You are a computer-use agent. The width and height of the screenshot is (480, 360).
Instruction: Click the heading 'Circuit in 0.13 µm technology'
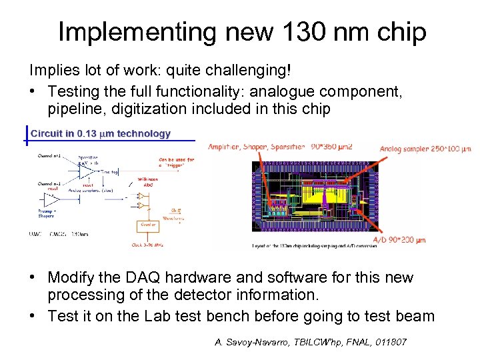point(101,133)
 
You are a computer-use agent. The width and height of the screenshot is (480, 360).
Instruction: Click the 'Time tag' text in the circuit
point(110,171)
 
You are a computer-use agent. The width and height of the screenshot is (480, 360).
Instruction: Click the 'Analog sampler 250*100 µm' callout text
point(425,149)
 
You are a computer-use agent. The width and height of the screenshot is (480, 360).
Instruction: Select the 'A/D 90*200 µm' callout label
point(399,240)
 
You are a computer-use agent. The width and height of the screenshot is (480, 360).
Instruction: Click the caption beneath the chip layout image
point(314,246)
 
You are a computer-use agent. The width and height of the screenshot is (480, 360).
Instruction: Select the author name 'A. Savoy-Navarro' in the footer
point(250,342)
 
